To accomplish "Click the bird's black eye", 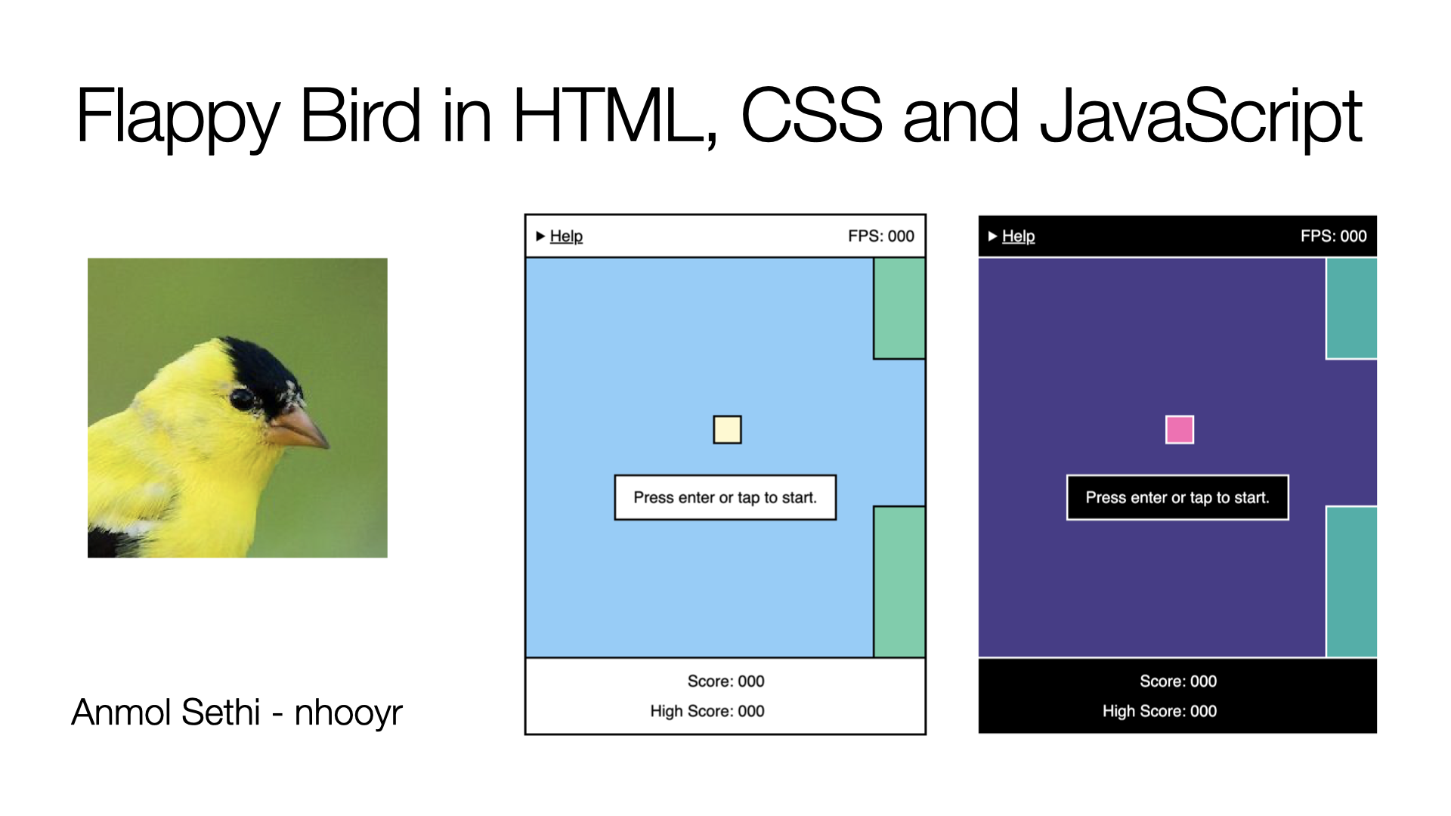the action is (242, 399).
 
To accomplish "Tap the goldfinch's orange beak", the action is (298, 426).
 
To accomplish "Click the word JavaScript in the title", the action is (1201, 117).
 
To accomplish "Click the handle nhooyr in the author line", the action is (348, 712).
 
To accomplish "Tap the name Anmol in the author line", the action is (122, 712).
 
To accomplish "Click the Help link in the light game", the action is (566, 236).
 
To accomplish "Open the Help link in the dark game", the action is (1018, 236).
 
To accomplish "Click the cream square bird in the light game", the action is (727, 430).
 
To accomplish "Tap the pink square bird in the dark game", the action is (1180, 430).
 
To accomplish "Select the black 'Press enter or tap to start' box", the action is (1177, 498).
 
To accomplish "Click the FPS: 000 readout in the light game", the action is (881, 236).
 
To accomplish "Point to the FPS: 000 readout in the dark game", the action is (1334, 236).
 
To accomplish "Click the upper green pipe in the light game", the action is (899, 308).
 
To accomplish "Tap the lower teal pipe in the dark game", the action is (1351, 582).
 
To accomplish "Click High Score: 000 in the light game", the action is (707, 712).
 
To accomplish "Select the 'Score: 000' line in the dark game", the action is (1178, 682).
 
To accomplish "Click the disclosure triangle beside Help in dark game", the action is (993, 236).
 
